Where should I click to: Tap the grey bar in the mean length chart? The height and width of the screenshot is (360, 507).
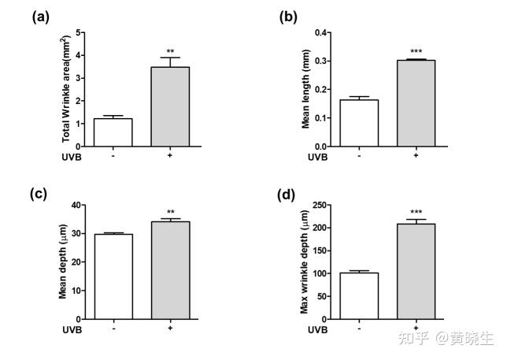(x=415, y=103)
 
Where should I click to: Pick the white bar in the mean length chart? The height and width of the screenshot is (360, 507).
(x=359, y=124)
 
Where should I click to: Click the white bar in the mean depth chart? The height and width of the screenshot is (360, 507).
(x=113, y=276)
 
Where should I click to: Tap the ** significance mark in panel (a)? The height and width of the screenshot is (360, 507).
(x=169, y=51)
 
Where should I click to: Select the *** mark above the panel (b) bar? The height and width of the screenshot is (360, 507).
(x=416, y=52)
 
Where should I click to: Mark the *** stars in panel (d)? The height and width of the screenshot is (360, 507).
(x=416, y=213)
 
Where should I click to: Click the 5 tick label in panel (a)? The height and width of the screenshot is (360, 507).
(x=80, y=33)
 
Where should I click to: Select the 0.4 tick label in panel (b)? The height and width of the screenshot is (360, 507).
(x=321, y=33)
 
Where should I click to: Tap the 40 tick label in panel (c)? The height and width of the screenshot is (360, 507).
(x=77, y=205)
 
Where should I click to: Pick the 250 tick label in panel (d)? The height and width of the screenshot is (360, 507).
(x=319, y=205)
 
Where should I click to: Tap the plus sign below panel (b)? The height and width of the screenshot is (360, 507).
(x=415, y=155)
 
